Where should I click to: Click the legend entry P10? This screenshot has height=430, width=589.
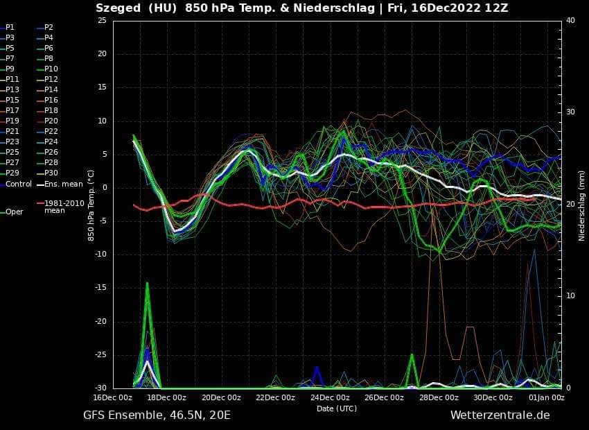(x=51, y=69)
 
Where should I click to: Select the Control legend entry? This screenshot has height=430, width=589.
(x=18, y=184)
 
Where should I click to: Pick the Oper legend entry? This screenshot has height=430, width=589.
(x=14, y=212)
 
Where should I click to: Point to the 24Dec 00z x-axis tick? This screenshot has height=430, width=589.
(x=330, y=397)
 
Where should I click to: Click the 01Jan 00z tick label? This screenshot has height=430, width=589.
(x=547, y=397)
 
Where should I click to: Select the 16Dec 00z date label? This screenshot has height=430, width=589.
(x=113, y=397)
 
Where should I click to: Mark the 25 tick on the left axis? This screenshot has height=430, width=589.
(x=102, y=20)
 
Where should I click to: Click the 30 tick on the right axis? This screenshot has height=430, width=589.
(x=570, y=112)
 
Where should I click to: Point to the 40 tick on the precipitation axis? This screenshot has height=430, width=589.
(x=570, y=20)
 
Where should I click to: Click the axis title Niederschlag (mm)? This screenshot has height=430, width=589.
(x=582, y=204)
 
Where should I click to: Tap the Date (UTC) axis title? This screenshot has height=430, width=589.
(x=337, y=409)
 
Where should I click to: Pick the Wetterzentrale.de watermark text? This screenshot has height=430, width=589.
(x=500, y=415)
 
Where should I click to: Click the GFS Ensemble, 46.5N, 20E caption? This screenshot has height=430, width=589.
(x=157, y=415)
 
